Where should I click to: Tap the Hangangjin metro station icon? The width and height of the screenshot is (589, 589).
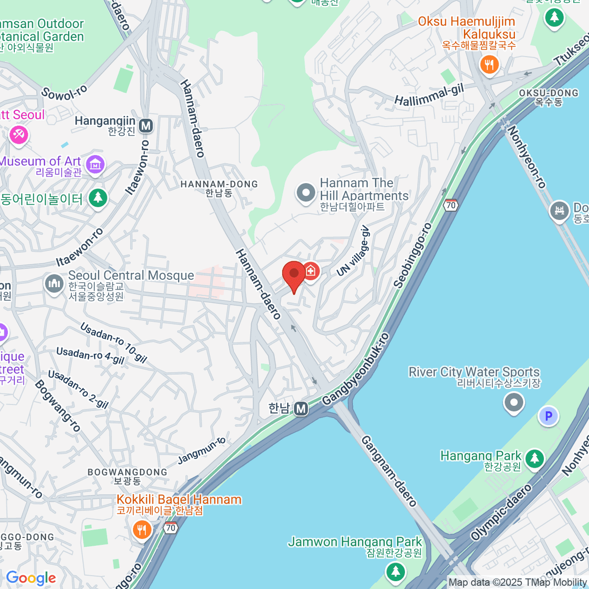point(146,126)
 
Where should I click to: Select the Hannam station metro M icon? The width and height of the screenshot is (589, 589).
point(301,408)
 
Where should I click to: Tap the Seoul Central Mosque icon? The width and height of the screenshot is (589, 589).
point(54,283)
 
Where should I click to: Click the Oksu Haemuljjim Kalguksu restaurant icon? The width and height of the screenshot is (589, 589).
point(489,64)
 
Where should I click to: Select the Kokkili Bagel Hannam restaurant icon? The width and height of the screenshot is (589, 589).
point(142,529)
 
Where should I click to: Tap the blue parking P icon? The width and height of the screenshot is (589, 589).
point(548,416)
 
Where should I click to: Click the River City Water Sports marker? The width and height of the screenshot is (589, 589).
point(514,403)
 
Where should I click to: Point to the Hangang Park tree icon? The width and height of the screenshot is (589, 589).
point(535,459)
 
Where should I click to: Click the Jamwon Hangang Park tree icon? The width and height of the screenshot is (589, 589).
point(395,571)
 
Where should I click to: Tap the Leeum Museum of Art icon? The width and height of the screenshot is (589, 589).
point(95,165)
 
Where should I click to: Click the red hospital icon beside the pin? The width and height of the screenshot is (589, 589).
point(311,270)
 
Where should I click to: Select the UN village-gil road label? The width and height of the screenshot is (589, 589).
point(353,251)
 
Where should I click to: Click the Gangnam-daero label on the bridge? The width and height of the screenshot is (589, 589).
point(389,471)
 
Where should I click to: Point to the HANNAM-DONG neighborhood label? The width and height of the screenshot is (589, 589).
point(219,184)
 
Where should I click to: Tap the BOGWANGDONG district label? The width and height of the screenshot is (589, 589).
point(127,472)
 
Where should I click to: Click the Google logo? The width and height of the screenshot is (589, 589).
point(30,578)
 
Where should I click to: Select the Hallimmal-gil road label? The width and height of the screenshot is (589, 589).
point(429,95)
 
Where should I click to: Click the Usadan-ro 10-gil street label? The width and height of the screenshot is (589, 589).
point(113,342)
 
